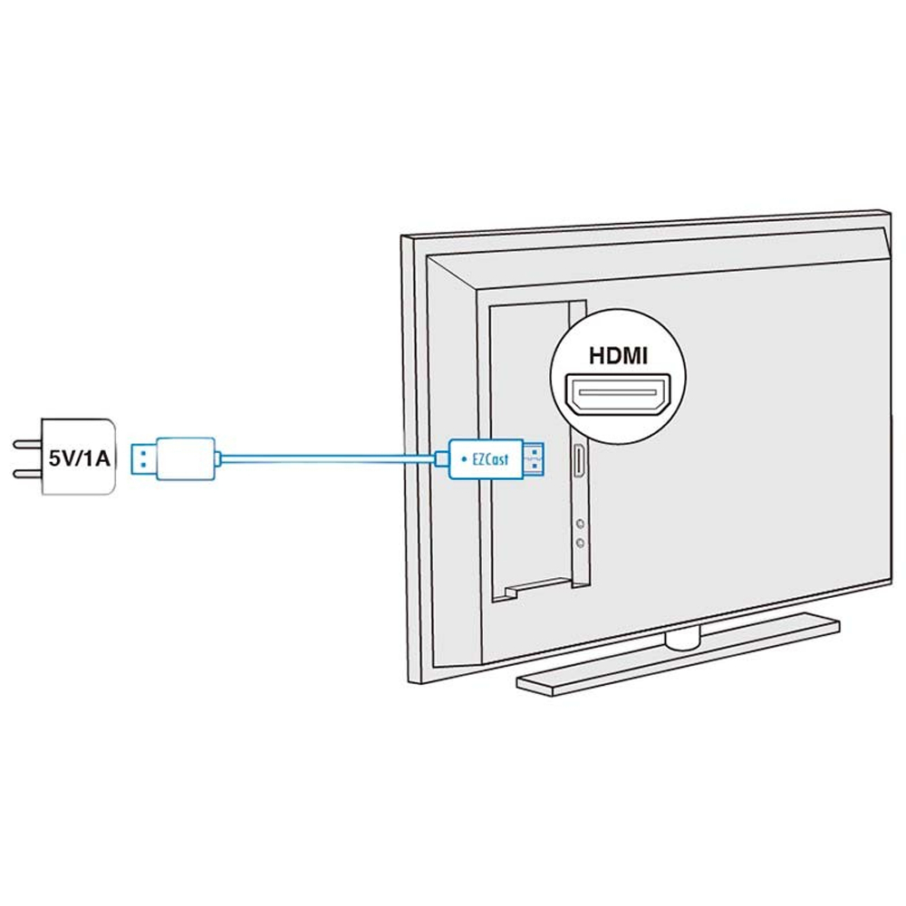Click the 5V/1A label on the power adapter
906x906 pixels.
pos(79,458)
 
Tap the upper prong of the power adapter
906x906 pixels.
pos(27,444)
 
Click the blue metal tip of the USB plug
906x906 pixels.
pos(143,458)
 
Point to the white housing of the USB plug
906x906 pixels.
pos(186,458)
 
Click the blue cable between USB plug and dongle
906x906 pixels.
pos(328,458)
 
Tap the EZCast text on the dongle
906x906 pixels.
pos(490,459)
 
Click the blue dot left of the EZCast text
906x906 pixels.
pos(463,459)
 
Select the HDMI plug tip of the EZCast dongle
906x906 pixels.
pos(534,458)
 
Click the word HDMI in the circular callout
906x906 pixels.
pos(618,355)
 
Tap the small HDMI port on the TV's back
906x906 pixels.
pos(579,462)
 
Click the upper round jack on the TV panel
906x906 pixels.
pos(580,524)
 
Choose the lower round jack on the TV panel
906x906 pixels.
pos(580,543)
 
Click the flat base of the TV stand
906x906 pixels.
pos(678,656)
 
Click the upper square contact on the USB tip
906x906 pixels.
pos(143,452)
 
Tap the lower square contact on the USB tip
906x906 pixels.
pos(143,465)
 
